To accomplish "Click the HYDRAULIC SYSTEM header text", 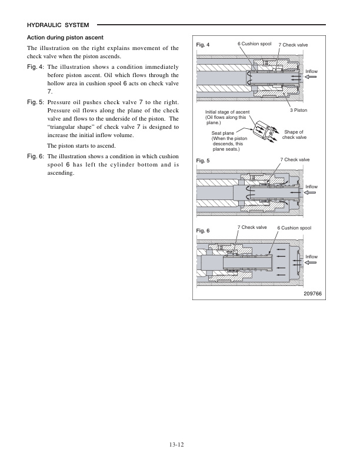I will pyautogui.click(x=58, y=25).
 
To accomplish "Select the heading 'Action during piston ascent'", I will pyautogui.click(x=66, y=38).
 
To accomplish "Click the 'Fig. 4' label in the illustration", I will pyautogui.click(x=204, y=45).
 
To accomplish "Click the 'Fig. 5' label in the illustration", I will pyautogui.click(x=204, y=161).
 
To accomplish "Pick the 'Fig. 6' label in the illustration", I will pyautogui.click(x=204, y=230).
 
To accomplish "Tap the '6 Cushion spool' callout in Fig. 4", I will pyautogui.click(x=254, y=44).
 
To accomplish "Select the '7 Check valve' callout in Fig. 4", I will pyautogui.click(x=293, y=45).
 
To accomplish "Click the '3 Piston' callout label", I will pyautogui.click(x=299, y=111).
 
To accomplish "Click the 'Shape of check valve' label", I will pyautogui.click(x=294, y=135).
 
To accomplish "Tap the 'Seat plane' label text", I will pyautogui.click(x=223, y=134).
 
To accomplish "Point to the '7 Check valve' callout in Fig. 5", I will pyautogui.click(x=295, y=159).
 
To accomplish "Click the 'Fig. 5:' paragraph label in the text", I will pyautogui.click(x=36, y=103).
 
